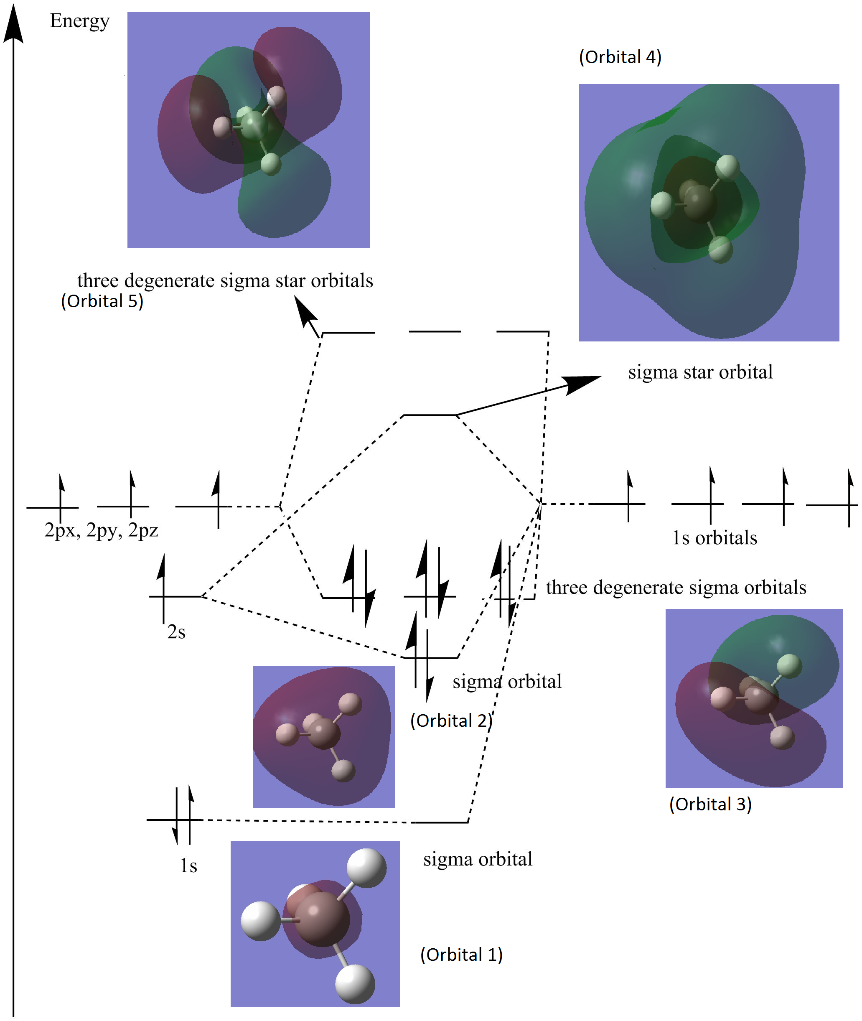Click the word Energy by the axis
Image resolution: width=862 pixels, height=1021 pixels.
pos(80,21)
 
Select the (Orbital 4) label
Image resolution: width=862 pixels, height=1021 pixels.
pos(620,57)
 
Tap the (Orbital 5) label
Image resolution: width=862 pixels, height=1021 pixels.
pos(102,301)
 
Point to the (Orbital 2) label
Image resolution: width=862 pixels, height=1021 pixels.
pos(450,721)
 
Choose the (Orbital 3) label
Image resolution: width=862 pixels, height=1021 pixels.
pos(710,804)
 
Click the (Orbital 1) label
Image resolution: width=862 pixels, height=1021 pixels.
pos(461,955)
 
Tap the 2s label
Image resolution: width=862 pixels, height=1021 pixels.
pos(176,632)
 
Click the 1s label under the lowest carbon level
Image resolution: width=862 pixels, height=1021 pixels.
pos(188,866)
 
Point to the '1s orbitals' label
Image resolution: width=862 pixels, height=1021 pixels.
pos(715,537)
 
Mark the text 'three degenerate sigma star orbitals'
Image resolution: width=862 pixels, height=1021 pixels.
pos(225,280)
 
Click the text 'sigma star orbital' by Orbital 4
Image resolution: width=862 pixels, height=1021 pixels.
pos(700,372)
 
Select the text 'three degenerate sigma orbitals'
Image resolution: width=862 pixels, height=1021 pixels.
pos(676,588)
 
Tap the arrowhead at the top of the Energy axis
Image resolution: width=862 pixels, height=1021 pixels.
pos(14,24)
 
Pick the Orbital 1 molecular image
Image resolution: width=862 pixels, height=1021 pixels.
pos(315,923)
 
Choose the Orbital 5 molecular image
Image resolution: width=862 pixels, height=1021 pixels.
pos(248,130)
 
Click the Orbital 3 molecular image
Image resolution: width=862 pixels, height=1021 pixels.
pos(753,698)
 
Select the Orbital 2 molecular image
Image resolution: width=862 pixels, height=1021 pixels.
pos(323,736)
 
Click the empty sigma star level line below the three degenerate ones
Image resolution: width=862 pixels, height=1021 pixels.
pos(430,415)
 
